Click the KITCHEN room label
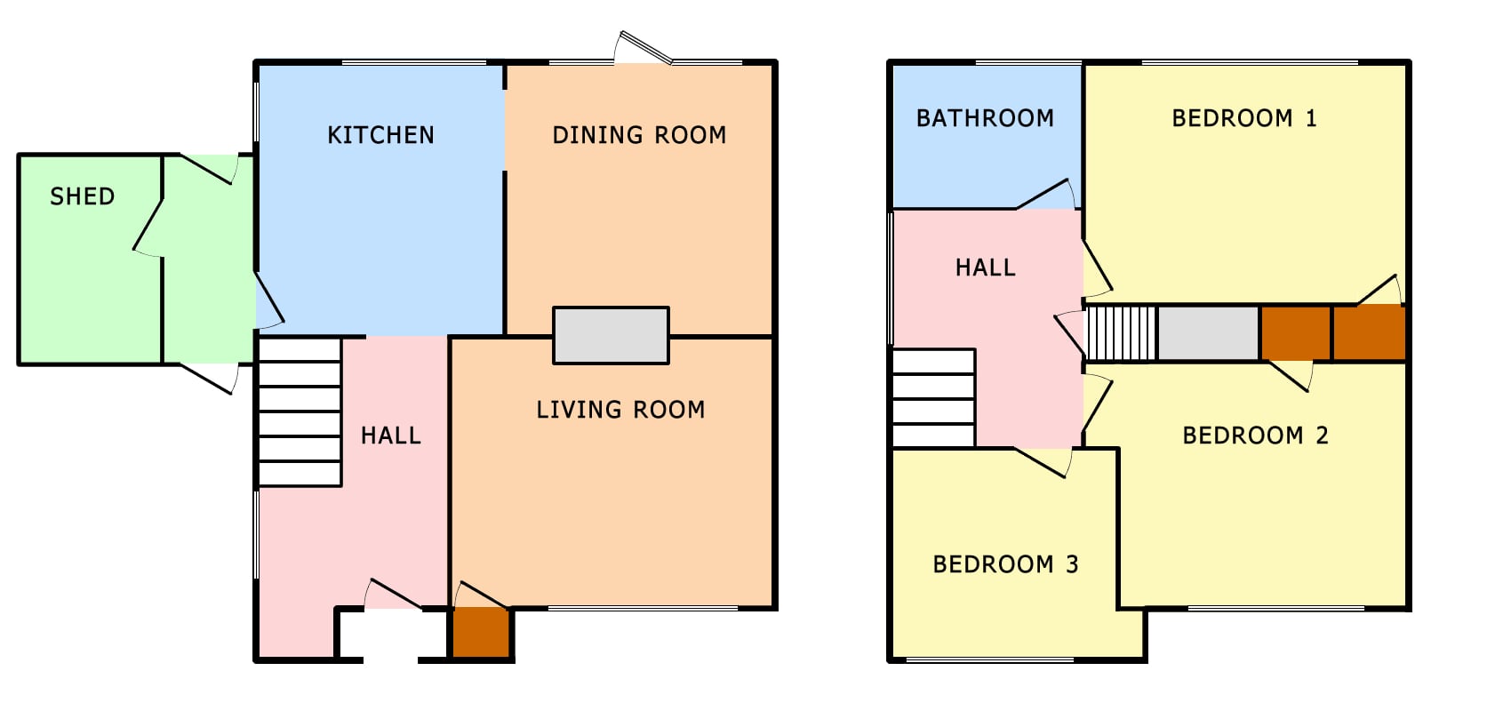tap(380, 135)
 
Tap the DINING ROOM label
tap(639, 135)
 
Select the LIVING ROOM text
tap(620, 410)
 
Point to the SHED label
tap(83, 196)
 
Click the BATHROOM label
tap(985, 118)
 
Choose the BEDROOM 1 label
tap(1244, 118)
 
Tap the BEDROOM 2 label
tap(1255, 435)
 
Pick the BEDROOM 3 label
tap(1006, 564)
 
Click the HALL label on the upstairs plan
tap(986, 268)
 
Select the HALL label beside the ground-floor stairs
tap(391, 435)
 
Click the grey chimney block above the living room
tap(612, 335)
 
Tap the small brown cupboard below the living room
tap(480, 632)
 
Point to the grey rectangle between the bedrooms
tap(1208, 333)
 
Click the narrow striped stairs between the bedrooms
tap(1121, 333)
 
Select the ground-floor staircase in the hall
tap(300, 411)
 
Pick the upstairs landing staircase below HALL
tap(934, 398)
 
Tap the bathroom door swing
tap(1045, 194)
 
